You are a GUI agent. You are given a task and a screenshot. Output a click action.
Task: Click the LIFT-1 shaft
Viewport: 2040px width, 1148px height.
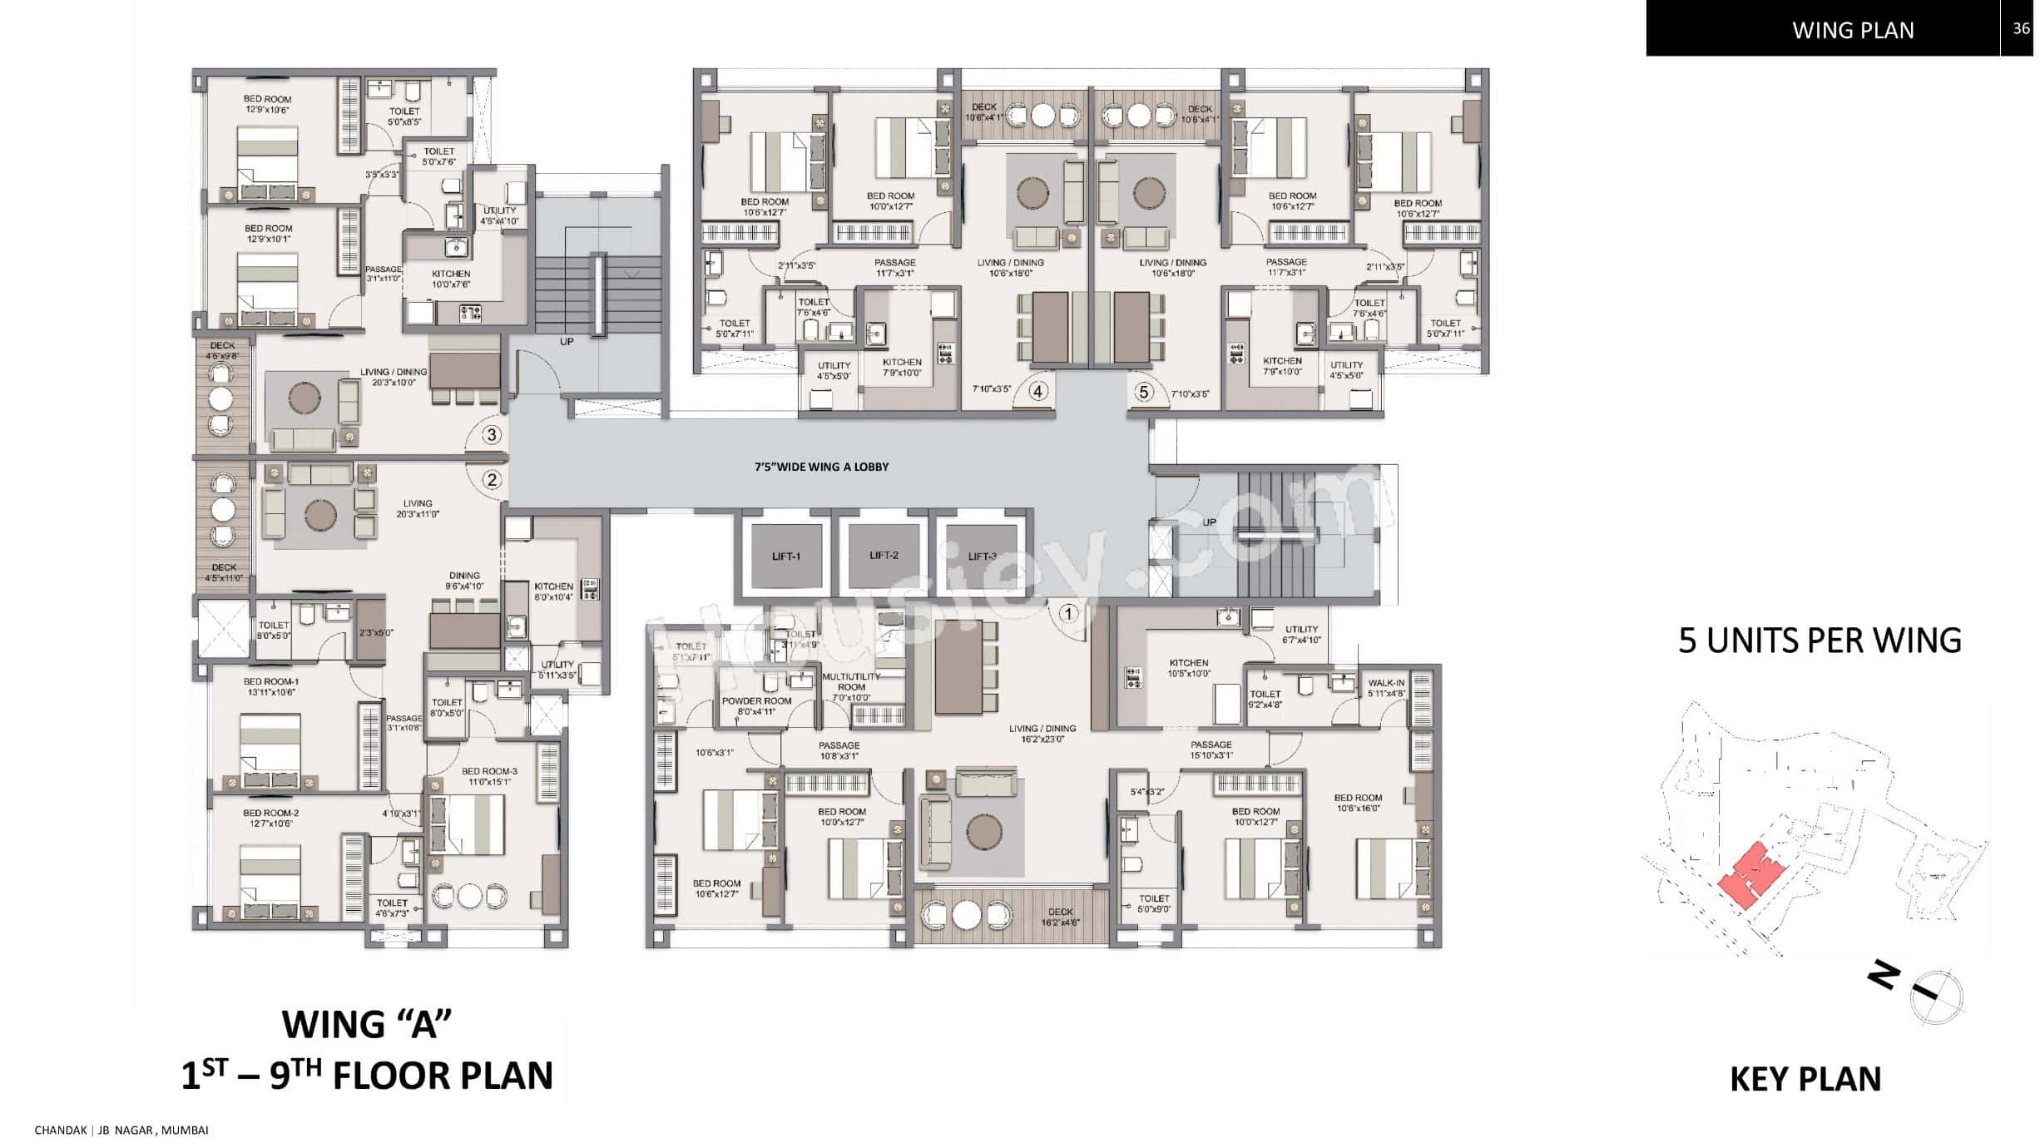pyautogui.click(x=785, y=556)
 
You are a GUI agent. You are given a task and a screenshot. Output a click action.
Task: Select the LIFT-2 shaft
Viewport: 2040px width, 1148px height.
pyautogui.click(x=884, y=555)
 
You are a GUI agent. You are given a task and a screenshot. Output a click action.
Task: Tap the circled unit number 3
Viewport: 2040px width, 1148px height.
pyautogui.click(x=492, y=434)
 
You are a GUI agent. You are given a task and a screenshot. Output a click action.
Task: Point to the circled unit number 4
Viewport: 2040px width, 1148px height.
pyautogui.click(x=1037, y=391)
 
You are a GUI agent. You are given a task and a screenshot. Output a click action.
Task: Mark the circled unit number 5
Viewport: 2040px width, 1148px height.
pyautogui.click(x=1145, y=391)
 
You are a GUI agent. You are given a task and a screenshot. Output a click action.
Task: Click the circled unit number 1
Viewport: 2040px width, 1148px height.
pyautogui.click(x=1068, y=614)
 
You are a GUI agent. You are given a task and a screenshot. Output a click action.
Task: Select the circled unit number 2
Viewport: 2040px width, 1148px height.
pyautogui.click(x=492, y=480)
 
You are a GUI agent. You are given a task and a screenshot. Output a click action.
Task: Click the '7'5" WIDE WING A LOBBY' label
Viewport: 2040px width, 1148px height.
pyautogui.click(x=821, y=467)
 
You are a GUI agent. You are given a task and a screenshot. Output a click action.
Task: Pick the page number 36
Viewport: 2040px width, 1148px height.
pyautogui.click(x=2021, y=28)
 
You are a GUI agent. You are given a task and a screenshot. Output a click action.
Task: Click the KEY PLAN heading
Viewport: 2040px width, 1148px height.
pyautogui.click(x=1805, y=1079)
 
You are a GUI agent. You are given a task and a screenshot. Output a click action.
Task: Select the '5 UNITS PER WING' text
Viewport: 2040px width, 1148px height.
pyautogui.click(x=1820, y=641)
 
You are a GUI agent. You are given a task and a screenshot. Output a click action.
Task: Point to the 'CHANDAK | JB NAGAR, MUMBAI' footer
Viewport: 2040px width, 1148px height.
pyautogui.click(x=121, y=1130)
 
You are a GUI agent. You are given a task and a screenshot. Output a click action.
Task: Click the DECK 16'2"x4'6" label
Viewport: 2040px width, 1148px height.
pyautogui.click(x=1060, y=917)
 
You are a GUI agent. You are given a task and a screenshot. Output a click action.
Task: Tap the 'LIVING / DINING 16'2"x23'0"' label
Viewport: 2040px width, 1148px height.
pyautogui.click(x=1042, y=733)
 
